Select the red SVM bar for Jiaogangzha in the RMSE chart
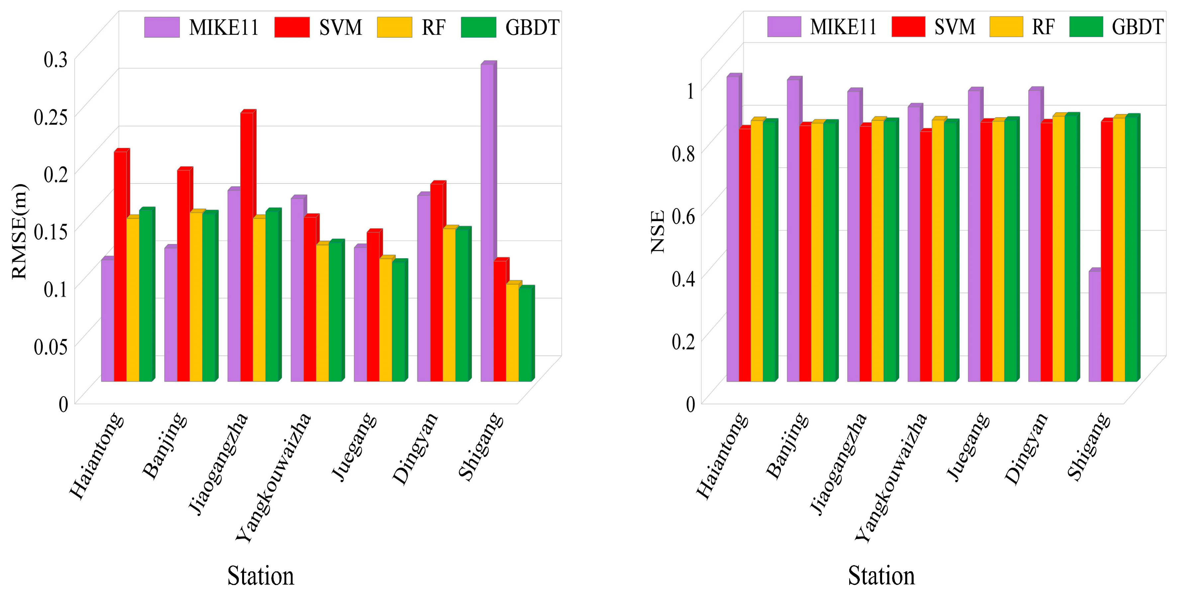pos(246,248)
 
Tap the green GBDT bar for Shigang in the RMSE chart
pos(525,335)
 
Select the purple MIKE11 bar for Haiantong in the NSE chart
pos(732,229)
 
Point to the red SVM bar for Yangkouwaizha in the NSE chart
pos(925,257)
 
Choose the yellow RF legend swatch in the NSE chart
pos(1006,27)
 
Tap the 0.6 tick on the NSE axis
pos(683,215)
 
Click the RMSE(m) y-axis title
pos(20,232)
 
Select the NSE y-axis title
pos(658,232)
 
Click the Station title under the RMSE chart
pos(261,576)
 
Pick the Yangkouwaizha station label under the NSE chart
pos(891,477)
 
